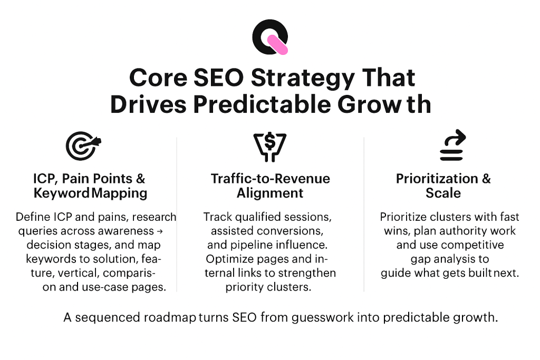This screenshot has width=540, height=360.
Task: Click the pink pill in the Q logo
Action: pyautogui.click(x=276, y=45)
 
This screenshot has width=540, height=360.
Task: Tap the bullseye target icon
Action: pyautogui.click(x=82, y=145)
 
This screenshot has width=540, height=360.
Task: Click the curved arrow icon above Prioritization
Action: pyautogui.click(x=453, y=145)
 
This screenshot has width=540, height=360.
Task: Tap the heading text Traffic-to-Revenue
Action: pyautogui.click(x=270, y=179)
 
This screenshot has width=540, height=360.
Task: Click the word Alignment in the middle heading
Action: pyautogui.click(x=270, y=193)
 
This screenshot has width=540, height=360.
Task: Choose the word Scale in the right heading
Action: pyautogui.click(x=443, y=193)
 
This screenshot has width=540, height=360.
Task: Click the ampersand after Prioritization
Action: pyautogui.click(x=486, y=179)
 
